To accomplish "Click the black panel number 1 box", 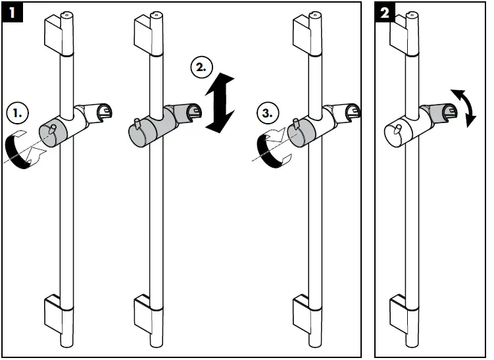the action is click(x=12, y=13).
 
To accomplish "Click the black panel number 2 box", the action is click(x=385, y=13).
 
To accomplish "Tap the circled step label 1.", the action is click(x=17, y=113).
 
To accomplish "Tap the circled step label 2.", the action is click(x=202, y=68).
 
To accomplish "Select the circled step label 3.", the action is click(x=268, y=113).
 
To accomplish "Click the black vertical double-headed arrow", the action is click(x=220, y=103).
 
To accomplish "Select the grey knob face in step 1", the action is click(x=51, y=134).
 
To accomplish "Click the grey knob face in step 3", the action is click(x=300, y=134).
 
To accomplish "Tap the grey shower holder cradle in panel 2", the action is click(x=439, y=111).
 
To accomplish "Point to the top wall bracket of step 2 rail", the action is click(x=144, y=36).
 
